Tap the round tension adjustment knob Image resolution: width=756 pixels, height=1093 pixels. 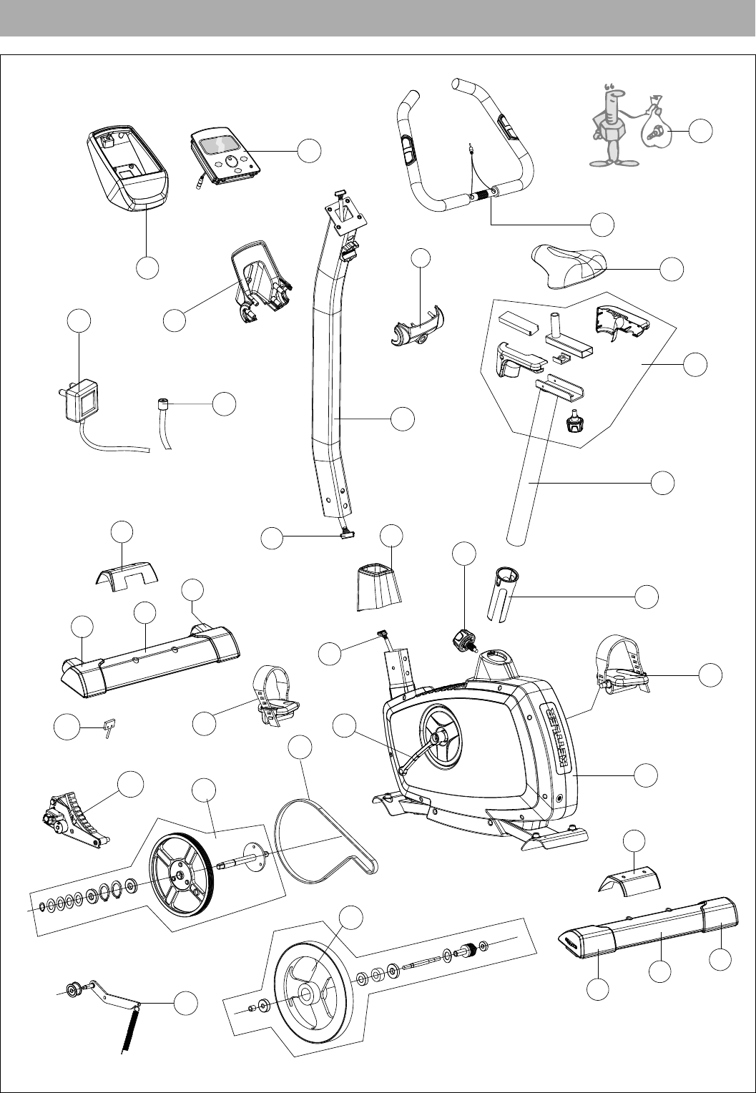click(464, 638)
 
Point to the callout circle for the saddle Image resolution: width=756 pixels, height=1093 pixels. click(672, 269)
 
